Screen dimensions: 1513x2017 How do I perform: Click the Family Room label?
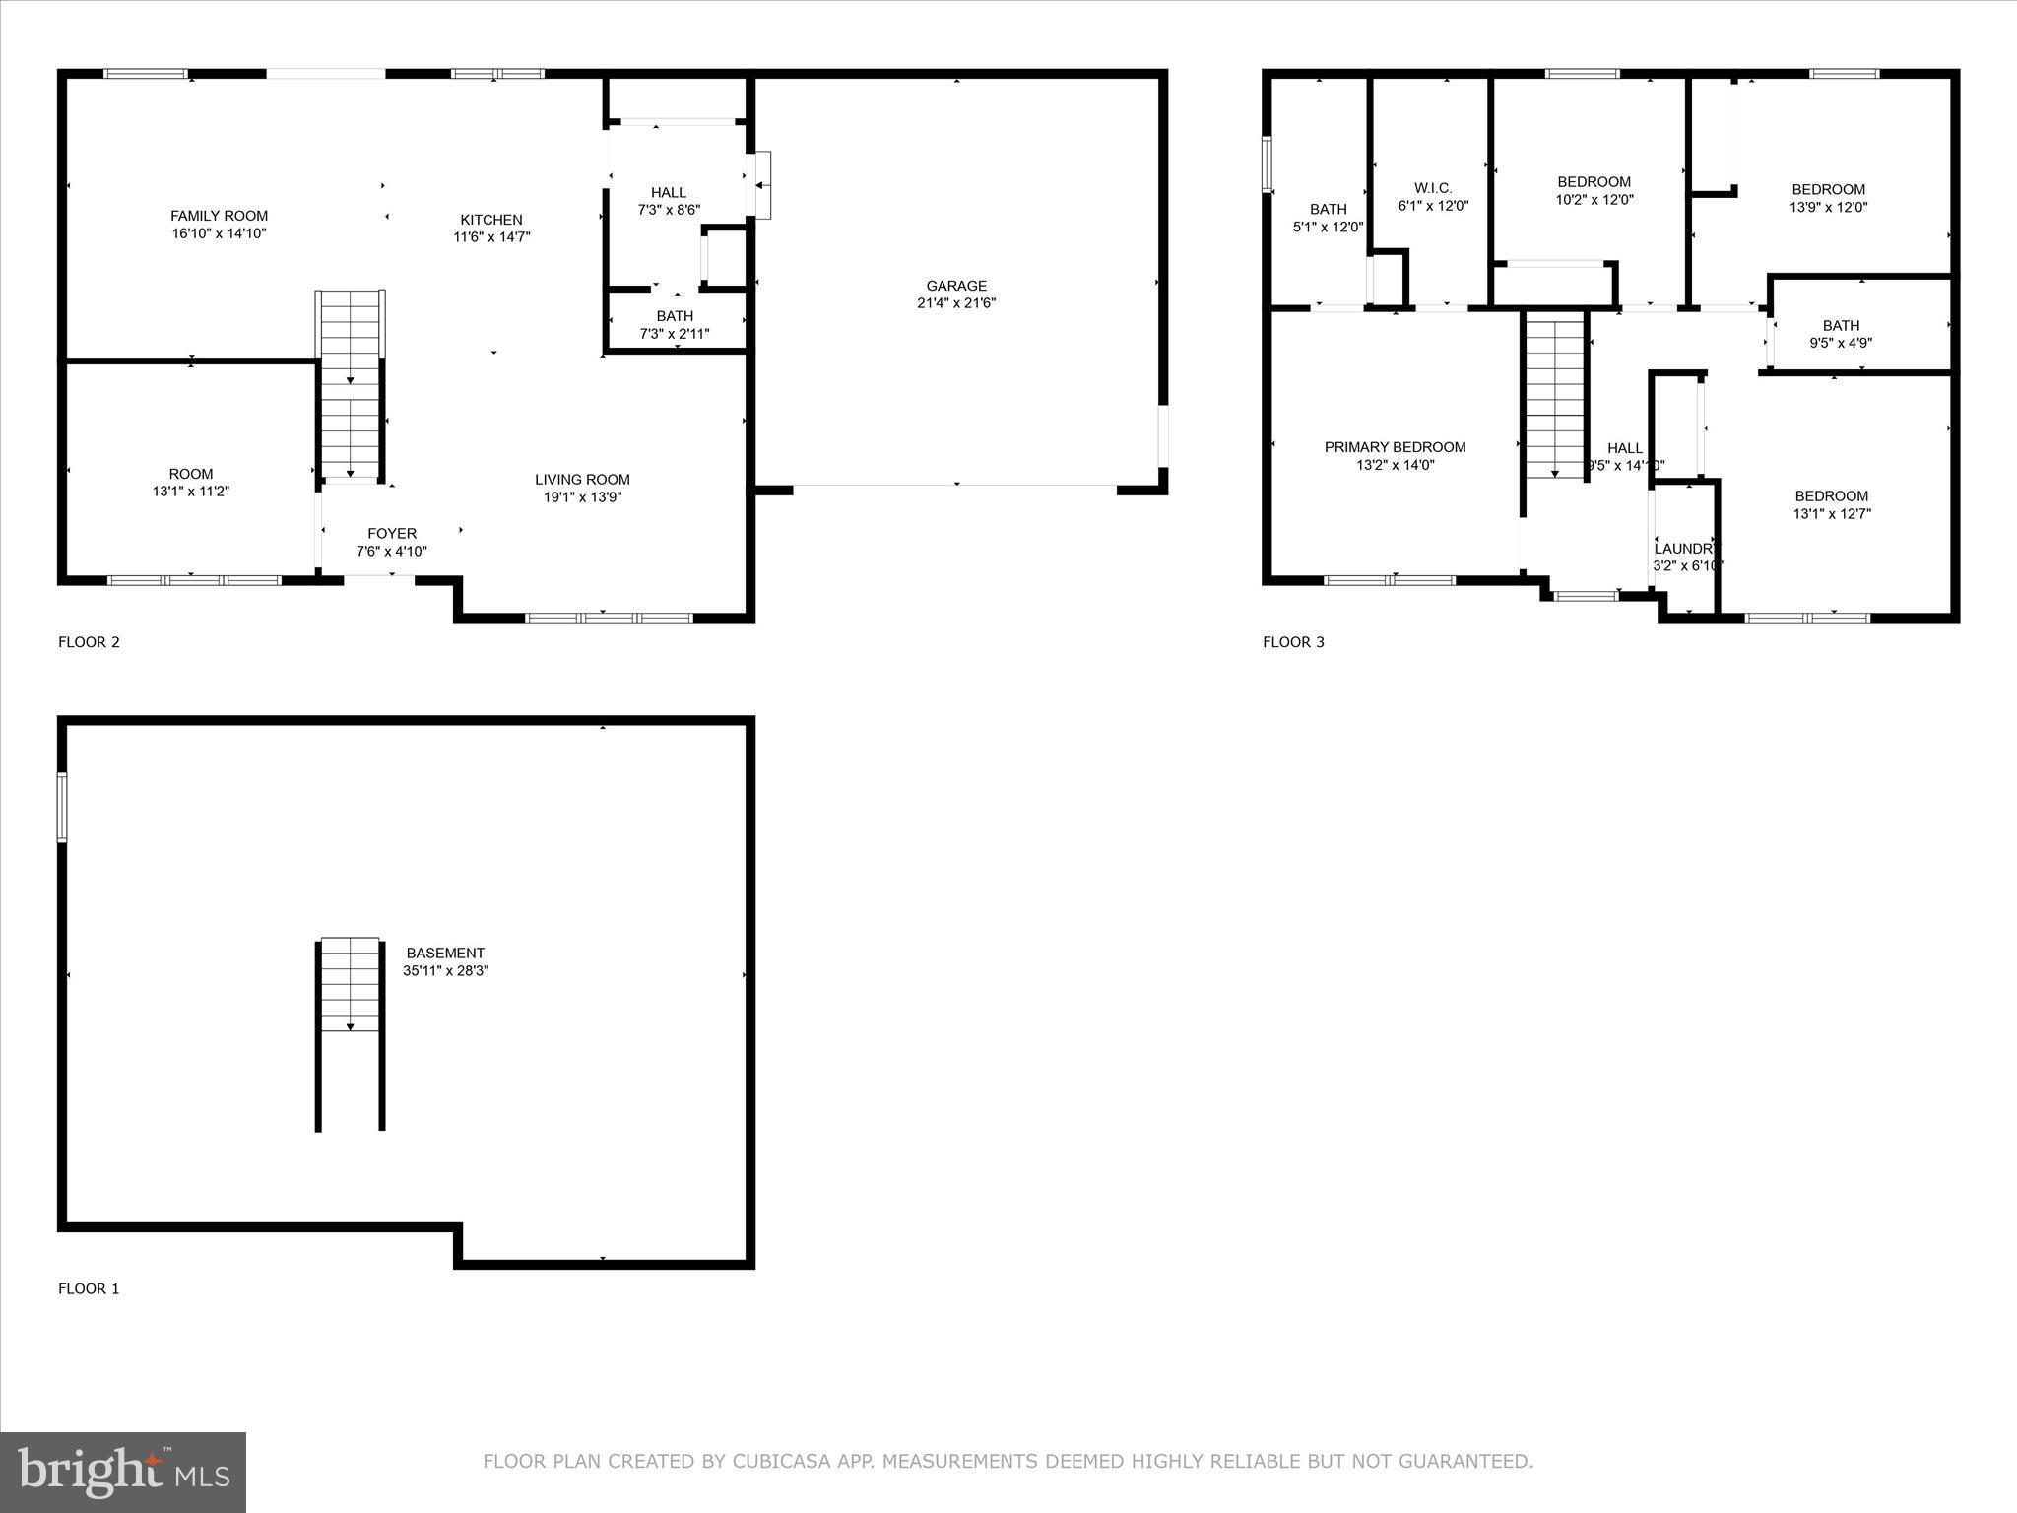click(x=219, y=216)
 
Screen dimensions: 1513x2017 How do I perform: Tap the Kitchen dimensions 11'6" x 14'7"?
click(x=491, y=237)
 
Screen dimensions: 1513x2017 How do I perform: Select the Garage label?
click(x=956, y=286)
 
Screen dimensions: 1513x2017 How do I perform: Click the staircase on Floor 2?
click(x=350, y=384)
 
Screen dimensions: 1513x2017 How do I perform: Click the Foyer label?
click(x=392, y=534)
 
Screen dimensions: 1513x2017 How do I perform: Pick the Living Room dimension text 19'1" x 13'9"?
click(x=582, y=497)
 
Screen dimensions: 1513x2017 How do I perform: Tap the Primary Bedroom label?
click(x=1395, y=447)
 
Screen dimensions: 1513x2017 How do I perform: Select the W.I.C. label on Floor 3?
click(x=1433, y=188)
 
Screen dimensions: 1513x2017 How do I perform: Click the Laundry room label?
click(x=1685, y=549)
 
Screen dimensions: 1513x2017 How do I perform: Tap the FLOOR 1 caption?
click(x=89, y=1288)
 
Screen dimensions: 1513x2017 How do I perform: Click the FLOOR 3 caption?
click(x=1293, y=642)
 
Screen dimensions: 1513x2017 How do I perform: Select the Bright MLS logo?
click(x=123, y=1473)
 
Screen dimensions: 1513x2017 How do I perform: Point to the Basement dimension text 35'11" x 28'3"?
click(x=445, y=971)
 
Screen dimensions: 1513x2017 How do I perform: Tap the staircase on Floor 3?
click(x=1555, y=399)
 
